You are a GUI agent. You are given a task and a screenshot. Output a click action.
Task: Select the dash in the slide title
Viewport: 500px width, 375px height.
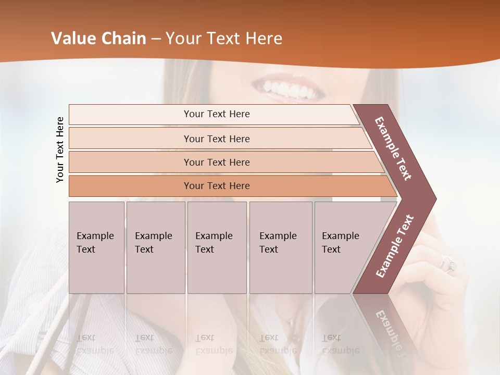156,39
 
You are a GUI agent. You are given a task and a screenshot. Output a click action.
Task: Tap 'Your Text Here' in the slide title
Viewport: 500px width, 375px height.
224,39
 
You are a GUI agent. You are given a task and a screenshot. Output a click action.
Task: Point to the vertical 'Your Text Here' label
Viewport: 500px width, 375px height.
60,149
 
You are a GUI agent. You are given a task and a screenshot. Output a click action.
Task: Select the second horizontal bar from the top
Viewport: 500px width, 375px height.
216,139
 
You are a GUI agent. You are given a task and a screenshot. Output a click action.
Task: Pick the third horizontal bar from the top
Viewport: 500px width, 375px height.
216,162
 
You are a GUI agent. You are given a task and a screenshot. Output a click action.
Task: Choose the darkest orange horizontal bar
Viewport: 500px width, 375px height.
216,186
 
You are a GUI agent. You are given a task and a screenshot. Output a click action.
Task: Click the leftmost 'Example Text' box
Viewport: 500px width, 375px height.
96,247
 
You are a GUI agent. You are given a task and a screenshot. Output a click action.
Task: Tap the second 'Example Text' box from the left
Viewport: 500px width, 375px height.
156,247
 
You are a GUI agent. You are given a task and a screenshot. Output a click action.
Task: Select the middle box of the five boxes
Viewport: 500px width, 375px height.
217,247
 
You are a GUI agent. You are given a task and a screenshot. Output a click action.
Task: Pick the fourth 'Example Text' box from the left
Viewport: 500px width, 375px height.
281,247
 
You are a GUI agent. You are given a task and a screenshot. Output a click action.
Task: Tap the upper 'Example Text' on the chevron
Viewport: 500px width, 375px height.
393,148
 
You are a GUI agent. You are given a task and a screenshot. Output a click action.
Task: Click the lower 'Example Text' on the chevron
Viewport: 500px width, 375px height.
395,246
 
